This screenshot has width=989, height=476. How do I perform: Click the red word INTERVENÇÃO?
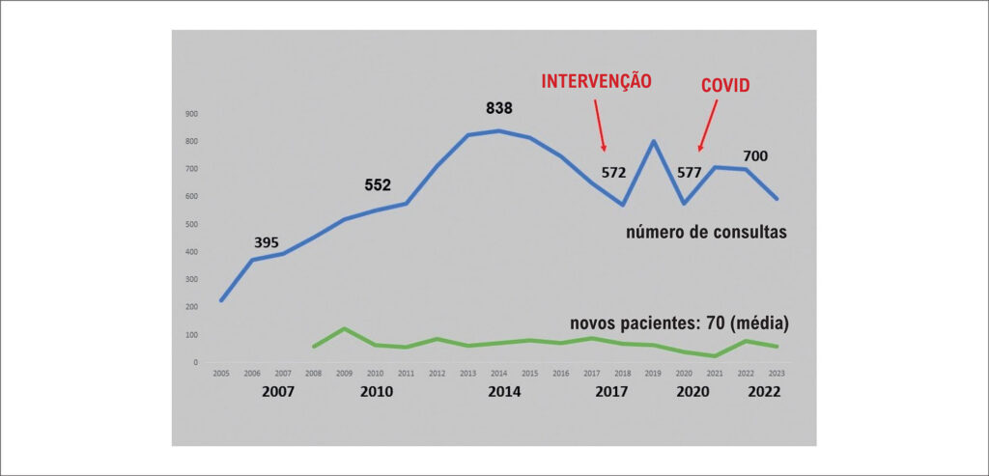596,81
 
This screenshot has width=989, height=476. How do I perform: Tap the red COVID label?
724,86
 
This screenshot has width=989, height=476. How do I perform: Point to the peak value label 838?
499,108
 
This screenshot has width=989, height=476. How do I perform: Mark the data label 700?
755,156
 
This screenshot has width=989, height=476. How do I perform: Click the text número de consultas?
705,233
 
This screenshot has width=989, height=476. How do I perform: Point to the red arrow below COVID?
707,126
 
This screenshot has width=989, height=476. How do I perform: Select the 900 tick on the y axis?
192,114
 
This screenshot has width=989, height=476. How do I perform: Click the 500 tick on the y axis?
192,225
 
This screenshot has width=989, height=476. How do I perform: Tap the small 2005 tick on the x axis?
221,374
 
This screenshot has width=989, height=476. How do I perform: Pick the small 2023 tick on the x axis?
776,374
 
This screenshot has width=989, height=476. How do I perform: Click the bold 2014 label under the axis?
503,392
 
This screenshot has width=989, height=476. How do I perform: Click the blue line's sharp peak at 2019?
654,141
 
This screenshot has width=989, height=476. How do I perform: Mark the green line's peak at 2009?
345,328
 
